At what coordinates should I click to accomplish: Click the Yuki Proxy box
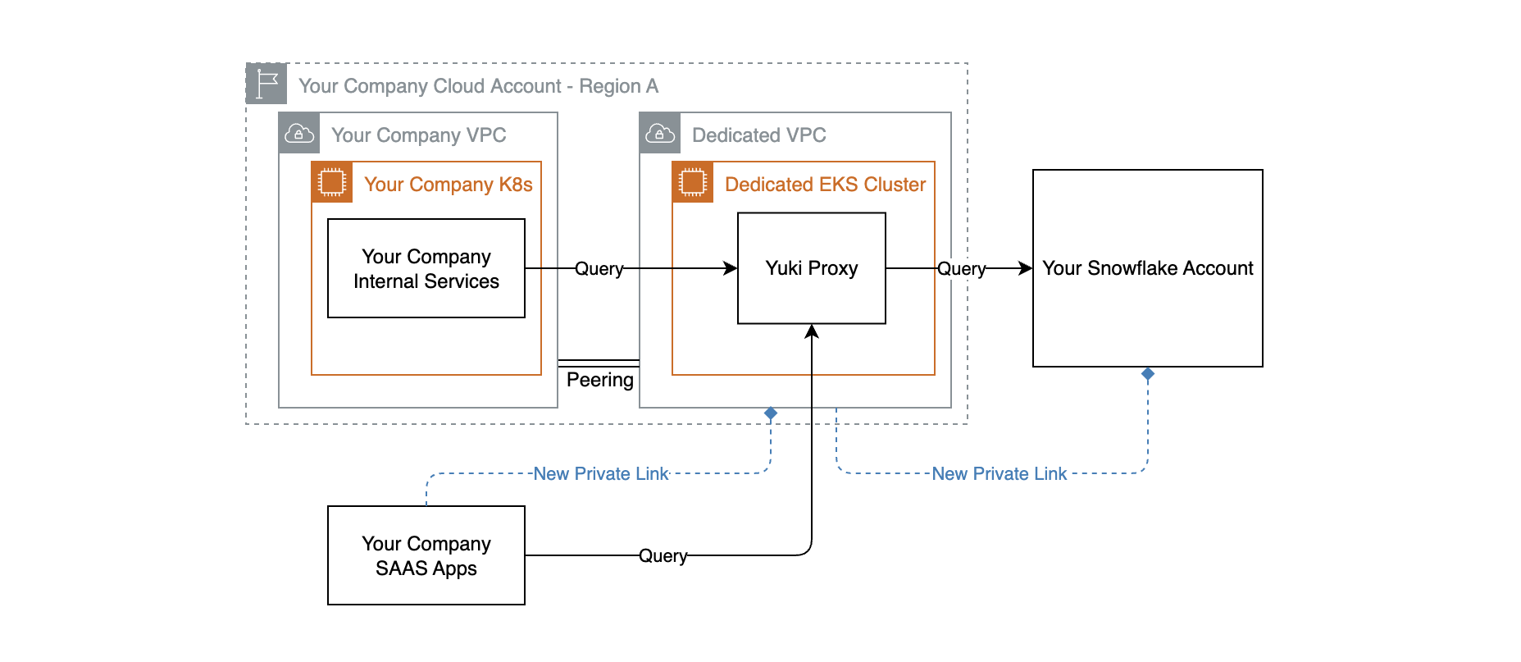pyautogui.click(x=811, y=268)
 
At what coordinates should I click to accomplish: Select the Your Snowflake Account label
pyautogui.click(x=1147, y=268)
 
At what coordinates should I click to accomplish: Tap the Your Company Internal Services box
pyautogui.click(x=426, y=268)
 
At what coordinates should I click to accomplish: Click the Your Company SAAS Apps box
pyautogui.click(x=426, y=555)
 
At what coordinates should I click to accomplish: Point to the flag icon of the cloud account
pyautogui.click(x=266, y=84)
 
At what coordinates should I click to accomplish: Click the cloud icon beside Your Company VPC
pyautogui.click(x=299, y=133)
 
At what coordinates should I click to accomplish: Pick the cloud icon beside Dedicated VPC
pyautogui.click(x=660, y=133)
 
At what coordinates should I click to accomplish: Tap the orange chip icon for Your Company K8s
pyautogui.click(x=332, y=182)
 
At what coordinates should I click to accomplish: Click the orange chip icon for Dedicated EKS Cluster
pyautogui.click(x=693, y=182)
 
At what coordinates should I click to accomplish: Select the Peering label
pyautogui.click(x=599, y=380)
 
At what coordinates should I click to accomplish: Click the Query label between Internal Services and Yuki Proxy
pyautogui.click(x=599, y=268)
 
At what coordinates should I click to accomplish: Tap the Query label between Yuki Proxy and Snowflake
pyautogui.click(x=961, y=268)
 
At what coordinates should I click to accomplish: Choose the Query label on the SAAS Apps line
pyautogui.click(x=663, y=555)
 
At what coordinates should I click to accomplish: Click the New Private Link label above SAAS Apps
pyautogui.click(x=601, y=473)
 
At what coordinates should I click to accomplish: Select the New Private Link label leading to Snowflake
pyautogui.click(x=999, y=473)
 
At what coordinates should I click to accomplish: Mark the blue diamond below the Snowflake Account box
pyautogui.click(x=1148, y=374)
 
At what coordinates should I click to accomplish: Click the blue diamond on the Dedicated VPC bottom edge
pyautogui.click(x=771, y=413)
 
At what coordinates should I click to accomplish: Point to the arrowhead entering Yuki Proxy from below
pyautogui.click(x=812, y=331)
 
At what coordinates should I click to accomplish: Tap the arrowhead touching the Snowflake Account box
pyautogui.click(x=1025, y=268)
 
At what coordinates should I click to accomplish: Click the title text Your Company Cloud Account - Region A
pyautogui.click(x=478, y=86)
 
